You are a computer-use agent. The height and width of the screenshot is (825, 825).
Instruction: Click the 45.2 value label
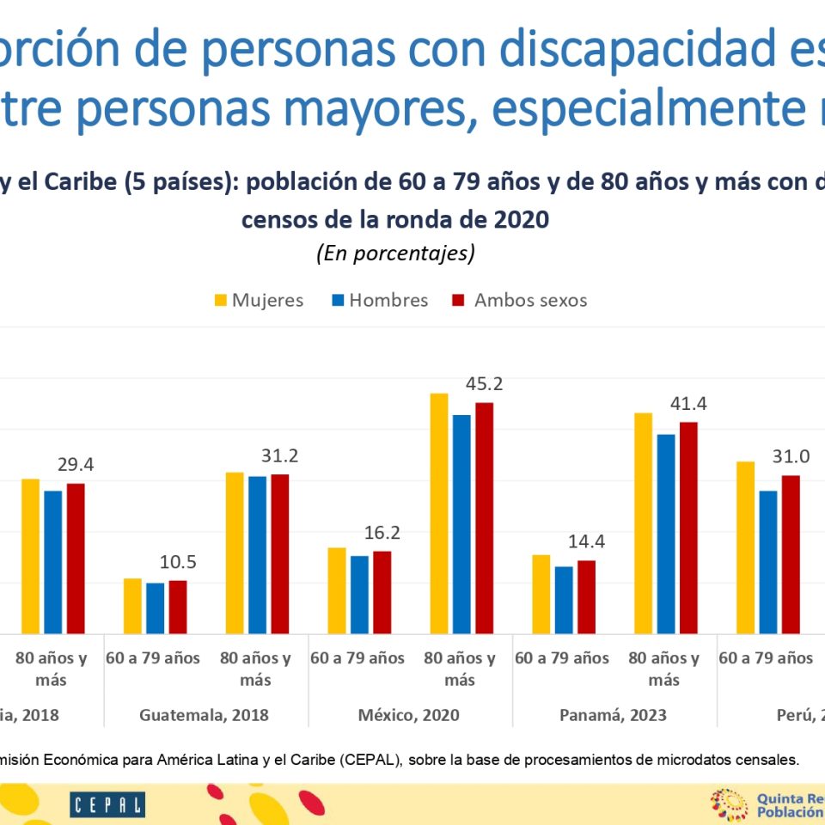[483, 384]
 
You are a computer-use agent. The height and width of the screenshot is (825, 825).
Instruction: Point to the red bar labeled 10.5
[178, 607]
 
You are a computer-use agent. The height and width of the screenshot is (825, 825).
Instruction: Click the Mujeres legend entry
[259, 300]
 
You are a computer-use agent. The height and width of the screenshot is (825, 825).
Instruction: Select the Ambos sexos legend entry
[520, 300]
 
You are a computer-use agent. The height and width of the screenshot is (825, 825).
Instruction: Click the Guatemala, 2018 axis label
[204, 715]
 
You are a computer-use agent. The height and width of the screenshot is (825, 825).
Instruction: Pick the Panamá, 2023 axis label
[613, 715]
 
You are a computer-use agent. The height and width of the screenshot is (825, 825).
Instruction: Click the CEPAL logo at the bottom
[107, 805]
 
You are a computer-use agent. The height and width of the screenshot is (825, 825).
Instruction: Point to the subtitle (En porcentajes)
[395, 254]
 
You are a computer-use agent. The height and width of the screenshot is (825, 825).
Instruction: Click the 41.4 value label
[687, 404]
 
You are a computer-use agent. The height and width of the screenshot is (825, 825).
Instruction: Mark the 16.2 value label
[382, 533]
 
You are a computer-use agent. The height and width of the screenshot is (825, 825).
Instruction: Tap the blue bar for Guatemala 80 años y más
[258, 554]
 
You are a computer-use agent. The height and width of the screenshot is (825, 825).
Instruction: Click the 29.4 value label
[76, 465]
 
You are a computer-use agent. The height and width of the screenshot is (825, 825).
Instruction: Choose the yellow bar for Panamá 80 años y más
[644, 523]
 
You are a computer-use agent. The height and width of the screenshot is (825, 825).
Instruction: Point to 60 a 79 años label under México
[357, 658]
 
